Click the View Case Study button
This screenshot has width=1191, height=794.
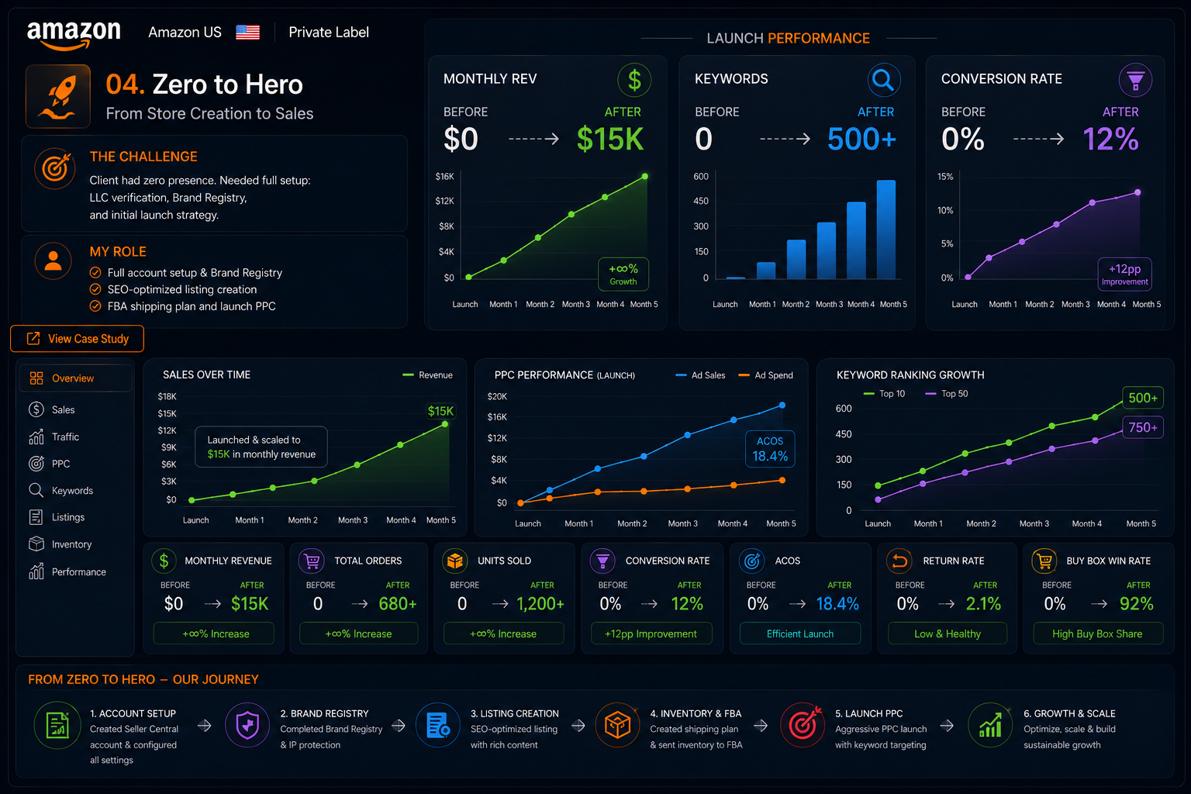pos(77,339)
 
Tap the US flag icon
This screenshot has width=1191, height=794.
pos(248,33)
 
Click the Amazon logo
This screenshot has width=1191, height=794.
pos(74,35)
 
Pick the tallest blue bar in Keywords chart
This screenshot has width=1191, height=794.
pos(885,230)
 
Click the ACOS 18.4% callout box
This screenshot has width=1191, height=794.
pos(770,449)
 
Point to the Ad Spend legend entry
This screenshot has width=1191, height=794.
pos(765,375)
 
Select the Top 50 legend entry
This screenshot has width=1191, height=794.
pos(947,394)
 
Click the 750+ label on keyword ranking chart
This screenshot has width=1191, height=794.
pos(1143,427)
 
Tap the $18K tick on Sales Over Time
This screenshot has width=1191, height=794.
pos(167,397)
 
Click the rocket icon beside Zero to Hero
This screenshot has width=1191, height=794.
pos(58,96)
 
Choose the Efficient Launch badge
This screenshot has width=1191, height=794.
pos(799,634)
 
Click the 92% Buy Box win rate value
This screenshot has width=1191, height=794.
pos(1136,603)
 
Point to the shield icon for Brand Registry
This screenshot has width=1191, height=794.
pos(247,726)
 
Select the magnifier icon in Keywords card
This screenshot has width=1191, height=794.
pos(883,81)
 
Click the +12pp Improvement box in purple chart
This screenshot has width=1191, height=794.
pos(1124,274)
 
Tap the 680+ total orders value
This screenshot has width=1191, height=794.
pos(398,603)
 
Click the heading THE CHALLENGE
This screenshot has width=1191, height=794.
pos(143,157)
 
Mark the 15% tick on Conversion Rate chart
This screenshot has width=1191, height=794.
pos(945,177)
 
